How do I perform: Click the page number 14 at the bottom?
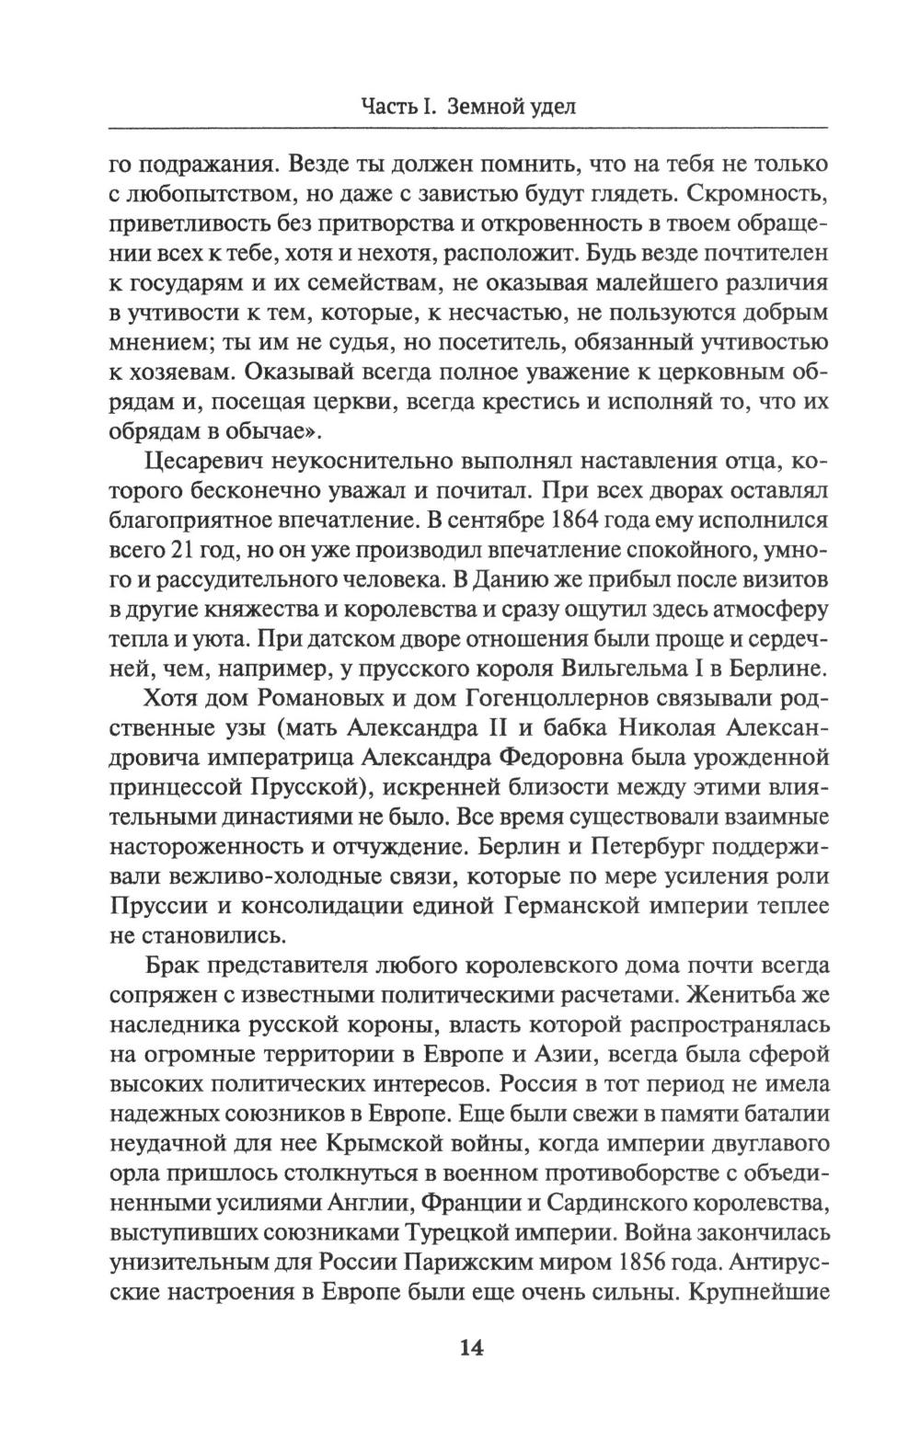pyautogui.click(x=470, y=1348)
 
